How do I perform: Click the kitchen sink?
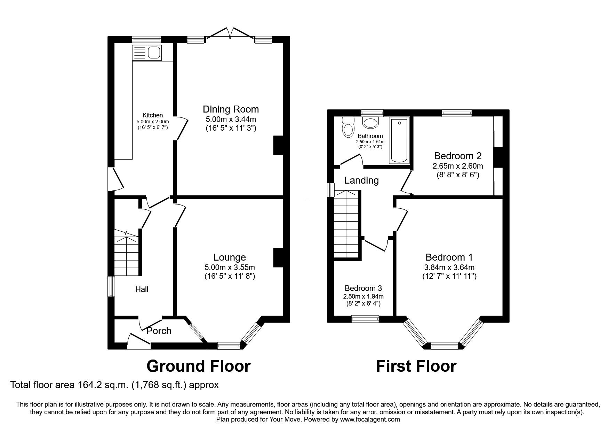[x=146, y=53]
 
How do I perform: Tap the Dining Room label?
[x=231, y=109]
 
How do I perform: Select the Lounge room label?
[x=230, y=257]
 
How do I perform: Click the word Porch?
[x=159, y=331]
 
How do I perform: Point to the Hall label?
[x=142, y=289]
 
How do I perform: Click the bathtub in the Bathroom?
[x=399, y=141]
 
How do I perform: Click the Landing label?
[x=361, y=180]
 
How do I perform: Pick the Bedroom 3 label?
[x=363, y=288]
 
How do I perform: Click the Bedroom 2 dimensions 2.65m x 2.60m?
[x=458, y=166]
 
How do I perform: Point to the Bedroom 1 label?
[x=449, y=257]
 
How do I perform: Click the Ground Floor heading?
[x=198, y=366]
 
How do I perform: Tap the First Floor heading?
[x=416, y=366]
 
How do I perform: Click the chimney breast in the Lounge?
[x=278, y=258]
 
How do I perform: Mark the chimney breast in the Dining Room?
[x=278, y=145]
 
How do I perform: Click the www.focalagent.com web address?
[x=370, y=419]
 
